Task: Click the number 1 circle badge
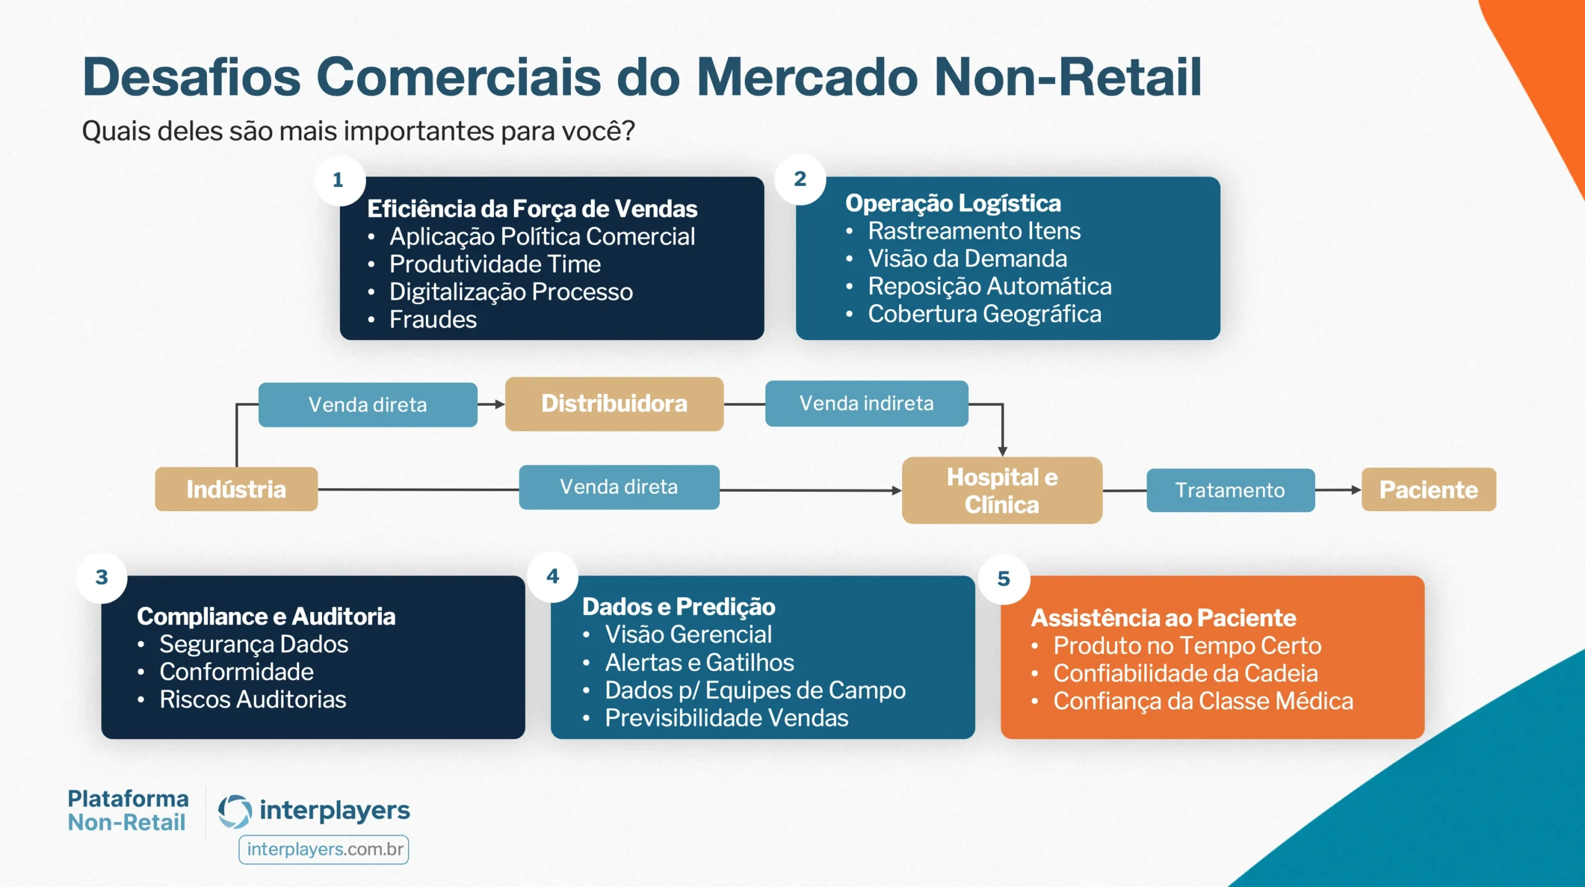pyautogui.click(x=339, y=180)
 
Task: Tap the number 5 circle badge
pyautogui.click(x=1004, y=579)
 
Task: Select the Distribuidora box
pyautogui.click(x=614, y=404)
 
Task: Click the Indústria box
pyautogui.click(x=236, y=489)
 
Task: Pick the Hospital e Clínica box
pyautogui.click(x=1002, y=491)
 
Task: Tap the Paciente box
pyautogui.click(x=1428, y=489)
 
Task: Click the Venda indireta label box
pyautogui.click(x=866, y=404)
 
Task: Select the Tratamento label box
pyautogui.click(x=1230, y=490)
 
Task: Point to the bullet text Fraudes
pyautogui.click(x=433, y=320)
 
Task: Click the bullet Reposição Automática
pyautogui.click(x=989, y=286)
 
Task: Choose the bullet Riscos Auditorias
pyautogui.click(x=253, y=699)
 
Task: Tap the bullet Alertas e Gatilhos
pyautogui.click(x=699, y=662)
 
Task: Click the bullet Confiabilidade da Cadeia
pyautogui.click(x=1185, y=673)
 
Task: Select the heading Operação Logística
pyautogui.click(x=953, y=203)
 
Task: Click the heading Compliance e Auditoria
pyautogui.click(x=266, y=616)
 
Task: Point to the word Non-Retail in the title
pyautogui.click(x=1067, y=77)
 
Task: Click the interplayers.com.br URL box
pyautogui.click(x=324, y=849)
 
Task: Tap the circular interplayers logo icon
pyautogui.click(x=235, y=811)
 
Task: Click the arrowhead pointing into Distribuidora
pyautogui.click(x=500, y=404)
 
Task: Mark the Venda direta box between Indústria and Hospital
pyautogui.click(x=619, y=487)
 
